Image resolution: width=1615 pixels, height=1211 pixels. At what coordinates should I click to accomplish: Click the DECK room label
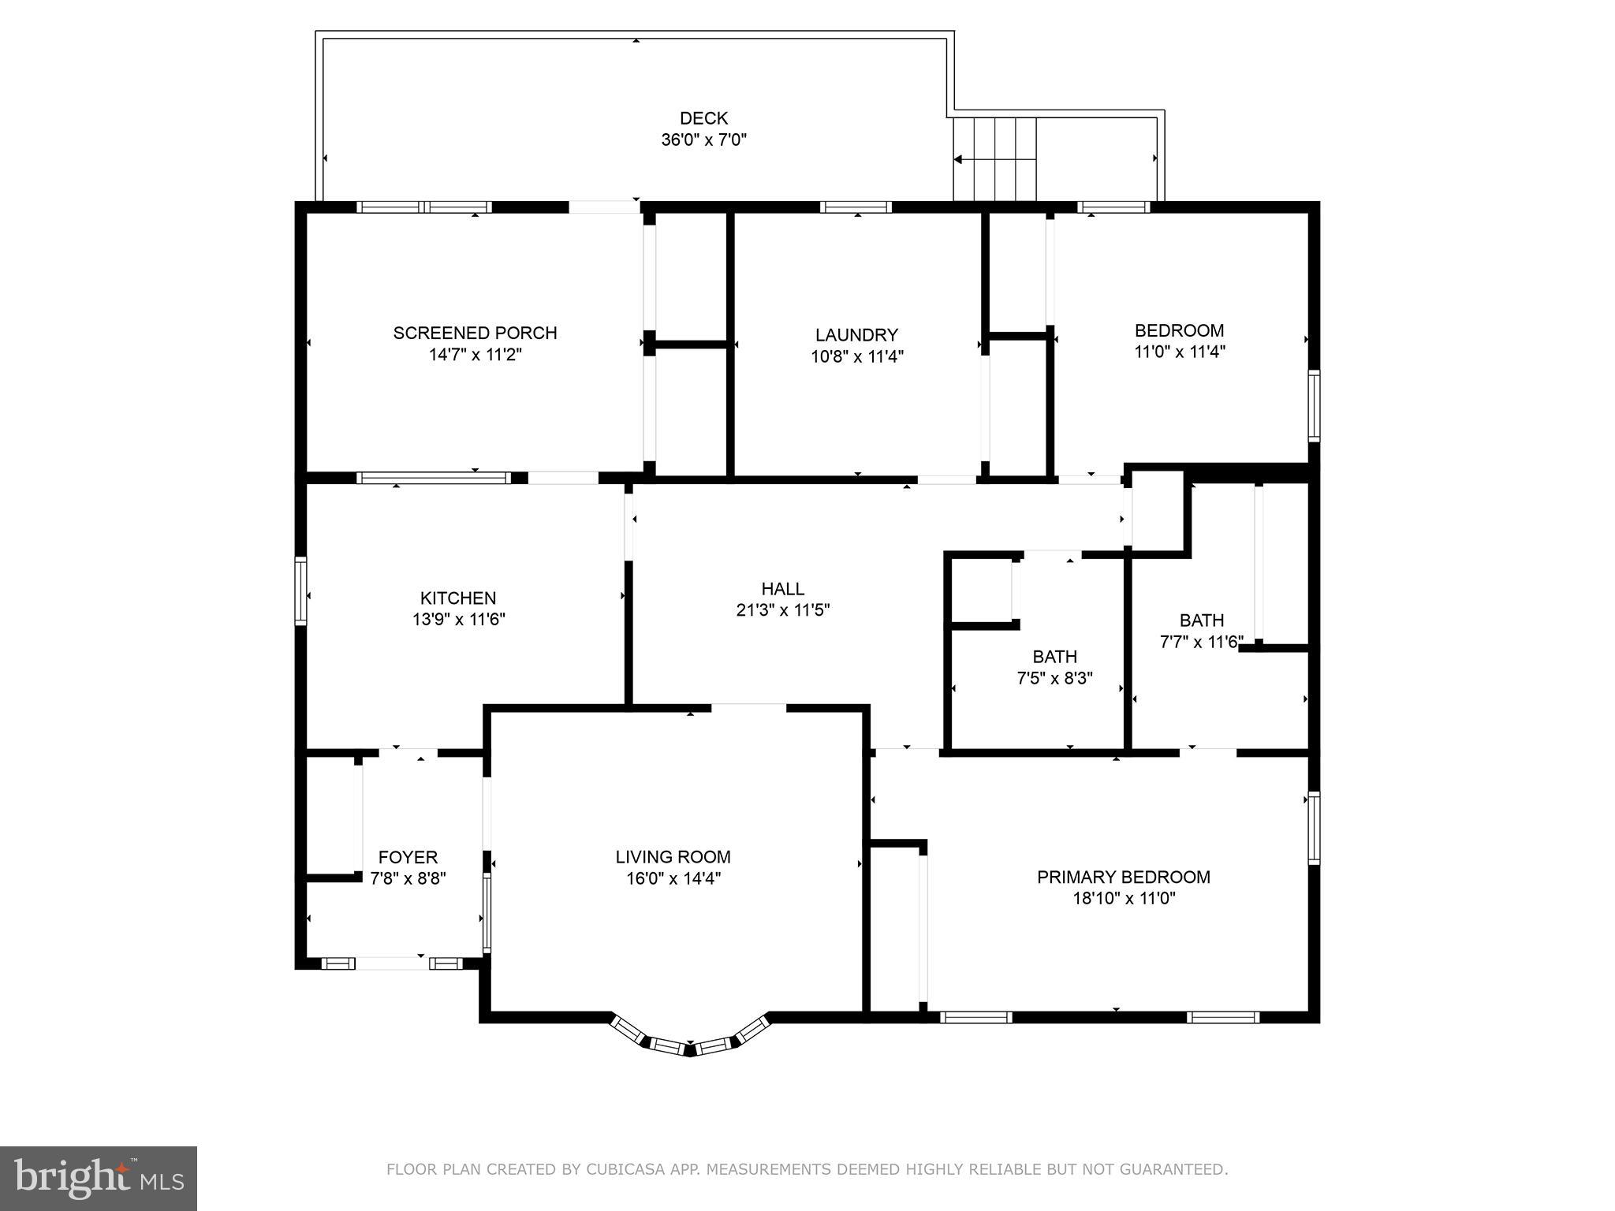click(703, 118)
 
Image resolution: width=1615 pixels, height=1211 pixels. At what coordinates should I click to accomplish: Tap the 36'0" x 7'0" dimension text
click(703, 140)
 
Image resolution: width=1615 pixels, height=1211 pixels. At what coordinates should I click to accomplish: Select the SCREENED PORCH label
click(475, 333)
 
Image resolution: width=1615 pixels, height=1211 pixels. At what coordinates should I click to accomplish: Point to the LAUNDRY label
click(856, 335)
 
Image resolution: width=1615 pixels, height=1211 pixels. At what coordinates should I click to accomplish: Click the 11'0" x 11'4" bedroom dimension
click(1179, 352)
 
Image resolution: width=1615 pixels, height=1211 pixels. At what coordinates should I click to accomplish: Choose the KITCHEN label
click(458, 598)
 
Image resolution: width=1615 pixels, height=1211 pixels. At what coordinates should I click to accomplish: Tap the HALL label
click(782, 589)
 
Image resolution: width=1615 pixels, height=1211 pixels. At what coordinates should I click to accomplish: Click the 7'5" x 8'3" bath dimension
click(1054, 678)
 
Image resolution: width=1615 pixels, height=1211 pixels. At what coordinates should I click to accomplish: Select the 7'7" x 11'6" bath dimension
click(1201, 643)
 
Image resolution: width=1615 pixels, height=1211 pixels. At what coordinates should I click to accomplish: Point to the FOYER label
click(408, 857)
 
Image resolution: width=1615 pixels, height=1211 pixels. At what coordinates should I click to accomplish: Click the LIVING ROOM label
click(673, 857)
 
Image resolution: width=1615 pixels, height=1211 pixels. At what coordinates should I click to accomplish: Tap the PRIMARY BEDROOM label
click(1123, 877)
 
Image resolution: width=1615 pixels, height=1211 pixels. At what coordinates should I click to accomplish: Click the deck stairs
click(994, 159)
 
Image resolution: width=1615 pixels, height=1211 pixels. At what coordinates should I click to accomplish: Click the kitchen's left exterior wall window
click(300, 591)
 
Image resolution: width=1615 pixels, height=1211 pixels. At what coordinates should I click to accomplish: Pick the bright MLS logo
click(99, 1178)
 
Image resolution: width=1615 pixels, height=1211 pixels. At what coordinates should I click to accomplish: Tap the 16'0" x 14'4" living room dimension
click(673, 878)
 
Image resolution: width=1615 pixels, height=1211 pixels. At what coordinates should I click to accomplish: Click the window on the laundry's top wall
click(856, 207)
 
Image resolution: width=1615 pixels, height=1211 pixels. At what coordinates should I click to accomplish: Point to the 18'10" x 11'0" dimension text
click(1123, 898)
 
